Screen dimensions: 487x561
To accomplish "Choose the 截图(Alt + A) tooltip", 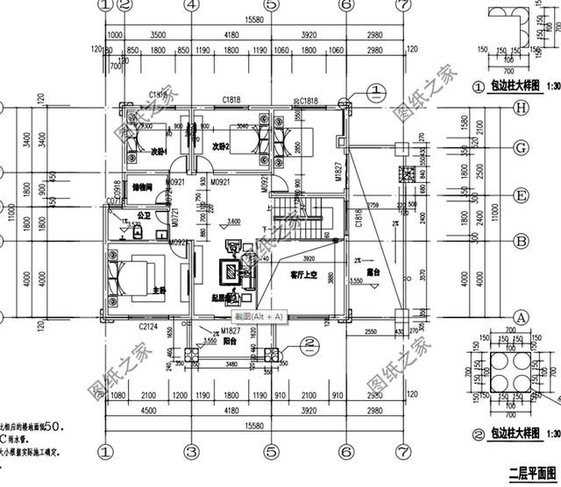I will coord(259,315).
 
